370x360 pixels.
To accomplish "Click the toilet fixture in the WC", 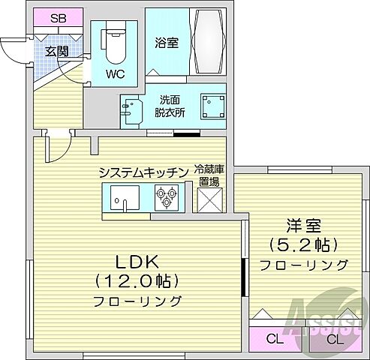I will click(x=115, y=46).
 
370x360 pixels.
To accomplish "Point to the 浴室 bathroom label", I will click(x=166, y=42).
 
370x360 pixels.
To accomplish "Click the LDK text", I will click(x=136, y=262).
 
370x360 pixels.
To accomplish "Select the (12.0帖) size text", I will click(x=136, y=282).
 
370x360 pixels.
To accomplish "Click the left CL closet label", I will click(x=275, y=338).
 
